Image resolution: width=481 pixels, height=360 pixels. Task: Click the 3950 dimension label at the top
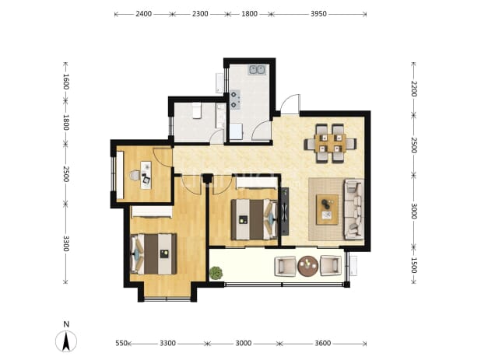coord(318,14)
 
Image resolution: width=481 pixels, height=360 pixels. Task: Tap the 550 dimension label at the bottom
coord(121,343)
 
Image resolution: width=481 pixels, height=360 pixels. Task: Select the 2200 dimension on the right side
coord(414,89)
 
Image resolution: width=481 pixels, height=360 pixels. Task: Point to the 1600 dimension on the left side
coord(65,82)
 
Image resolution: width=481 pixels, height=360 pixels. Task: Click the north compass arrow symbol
coord(66,341)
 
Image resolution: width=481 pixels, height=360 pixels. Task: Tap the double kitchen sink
coord(257,70)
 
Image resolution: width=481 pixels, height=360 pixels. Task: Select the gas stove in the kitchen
coord(235,100)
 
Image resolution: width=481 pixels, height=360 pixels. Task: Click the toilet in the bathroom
coord(196,110)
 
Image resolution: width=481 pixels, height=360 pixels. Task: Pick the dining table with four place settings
coord(330,143)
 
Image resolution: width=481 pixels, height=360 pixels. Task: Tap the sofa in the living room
coord(353,209)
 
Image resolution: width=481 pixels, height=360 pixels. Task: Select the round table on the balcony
coord(308,266)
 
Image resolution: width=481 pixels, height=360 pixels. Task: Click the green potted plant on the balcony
coord(216,272)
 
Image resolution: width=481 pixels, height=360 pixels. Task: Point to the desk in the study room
coord(146,175)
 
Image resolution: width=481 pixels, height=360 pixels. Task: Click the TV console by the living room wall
coord(285,211)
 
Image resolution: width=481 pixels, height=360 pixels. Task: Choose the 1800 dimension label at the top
coord(249,14)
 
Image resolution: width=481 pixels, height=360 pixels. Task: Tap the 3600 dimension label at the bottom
coord(323,343)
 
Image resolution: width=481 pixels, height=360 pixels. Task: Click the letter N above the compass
coord(66,324)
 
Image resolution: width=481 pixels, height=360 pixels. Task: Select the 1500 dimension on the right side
coord(414,265)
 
